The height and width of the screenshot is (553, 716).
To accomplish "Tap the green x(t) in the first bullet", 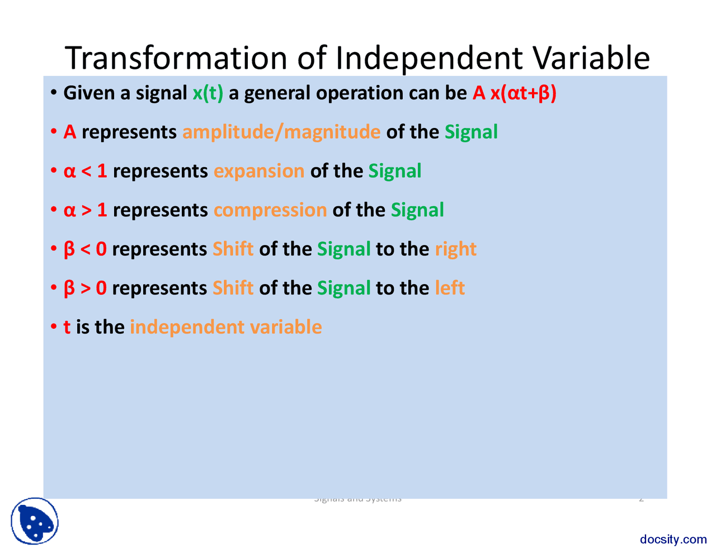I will [x=208, y=93].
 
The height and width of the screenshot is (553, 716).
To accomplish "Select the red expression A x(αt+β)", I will [x=514, y=93].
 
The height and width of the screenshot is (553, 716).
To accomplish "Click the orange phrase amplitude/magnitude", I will [x=281, y=132].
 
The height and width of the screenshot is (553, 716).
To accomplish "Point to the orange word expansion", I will [x=259, y=171].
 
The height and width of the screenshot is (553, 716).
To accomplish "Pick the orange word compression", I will [x=270, y=210].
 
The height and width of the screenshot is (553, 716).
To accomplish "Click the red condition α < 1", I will [x=86, y=171].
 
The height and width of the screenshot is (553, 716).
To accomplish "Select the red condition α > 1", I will [x=86, y=210].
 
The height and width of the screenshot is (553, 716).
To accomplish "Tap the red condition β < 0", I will [x=85, y=249].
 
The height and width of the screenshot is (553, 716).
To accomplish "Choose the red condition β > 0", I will [x=85, y=289].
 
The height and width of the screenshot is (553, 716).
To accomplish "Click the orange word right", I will [x=455, y=249].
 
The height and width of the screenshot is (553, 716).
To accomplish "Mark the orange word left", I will [x=450, y=289].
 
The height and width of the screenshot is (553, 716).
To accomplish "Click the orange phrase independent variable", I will [x=225, y=327].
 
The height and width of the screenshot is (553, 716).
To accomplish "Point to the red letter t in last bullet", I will [x=67, y=327].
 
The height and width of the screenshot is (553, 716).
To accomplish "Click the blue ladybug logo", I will [x=35, y=521].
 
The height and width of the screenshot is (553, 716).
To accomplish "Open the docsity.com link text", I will [x=673, y=539].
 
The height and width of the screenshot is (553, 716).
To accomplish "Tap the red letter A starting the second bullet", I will [x=70, y=132].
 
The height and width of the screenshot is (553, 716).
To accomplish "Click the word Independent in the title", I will [x=430, y=57].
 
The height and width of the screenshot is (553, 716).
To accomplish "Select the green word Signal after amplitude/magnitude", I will [x=471, y=132].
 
